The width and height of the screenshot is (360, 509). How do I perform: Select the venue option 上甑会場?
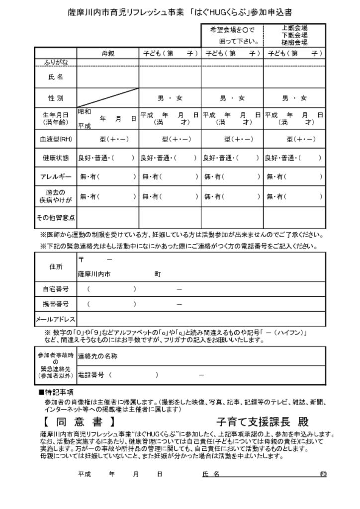pyautogui.click(x=294, y=28)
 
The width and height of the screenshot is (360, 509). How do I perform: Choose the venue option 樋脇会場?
pyautogui.click(x=294, y=43)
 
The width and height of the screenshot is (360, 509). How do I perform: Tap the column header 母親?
pyautogui.click(x=108, y=53)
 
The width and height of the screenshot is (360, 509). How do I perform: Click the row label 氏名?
pyautogui.click(x=56, y=77)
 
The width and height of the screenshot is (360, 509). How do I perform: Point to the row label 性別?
pyautogui.click(x=56, y=98)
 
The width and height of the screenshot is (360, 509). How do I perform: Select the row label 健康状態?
pyautogui.click(x=56, y=158)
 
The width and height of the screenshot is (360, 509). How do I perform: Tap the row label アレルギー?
pyautogui.click(x=56, y=176)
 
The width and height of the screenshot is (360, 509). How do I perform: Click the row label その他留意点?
pyautogui.click(x=56, y=217)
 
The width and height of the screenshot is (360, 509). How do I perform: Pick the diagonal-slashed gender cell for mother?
pyautogui.click(x=108, y=98)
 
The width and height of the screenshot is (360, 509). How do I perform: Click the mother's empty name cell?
pyautogui.click(x=108, y=77)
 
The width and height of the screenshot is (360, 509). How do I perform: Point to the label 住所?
pyautogui.click(x=56, y=266)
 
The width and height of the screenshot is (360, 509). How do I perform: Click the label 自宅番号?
pyautogui.click(x=56, y=289)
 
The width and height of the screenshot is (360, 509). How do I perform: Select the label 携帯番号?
pyautogui.click(x=56, y=304)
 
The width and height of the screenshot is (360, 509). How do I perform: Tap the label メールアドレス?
pyautogui.click(x=56, y=319)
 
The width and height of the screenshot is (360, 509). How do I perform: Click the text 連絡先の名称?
pyautogui.click(x=97, y=356)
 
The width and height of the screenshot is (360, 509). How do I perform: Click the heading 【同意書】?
pyautogui.click(x=79, y=423)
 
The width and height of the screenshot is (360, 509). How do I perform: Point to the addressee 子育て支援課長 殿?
pyautogui.click(x=263, y=423)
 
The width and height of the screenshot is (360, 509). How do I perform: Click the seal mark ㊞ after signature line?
pyautogui.click(x=323, y=474)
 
